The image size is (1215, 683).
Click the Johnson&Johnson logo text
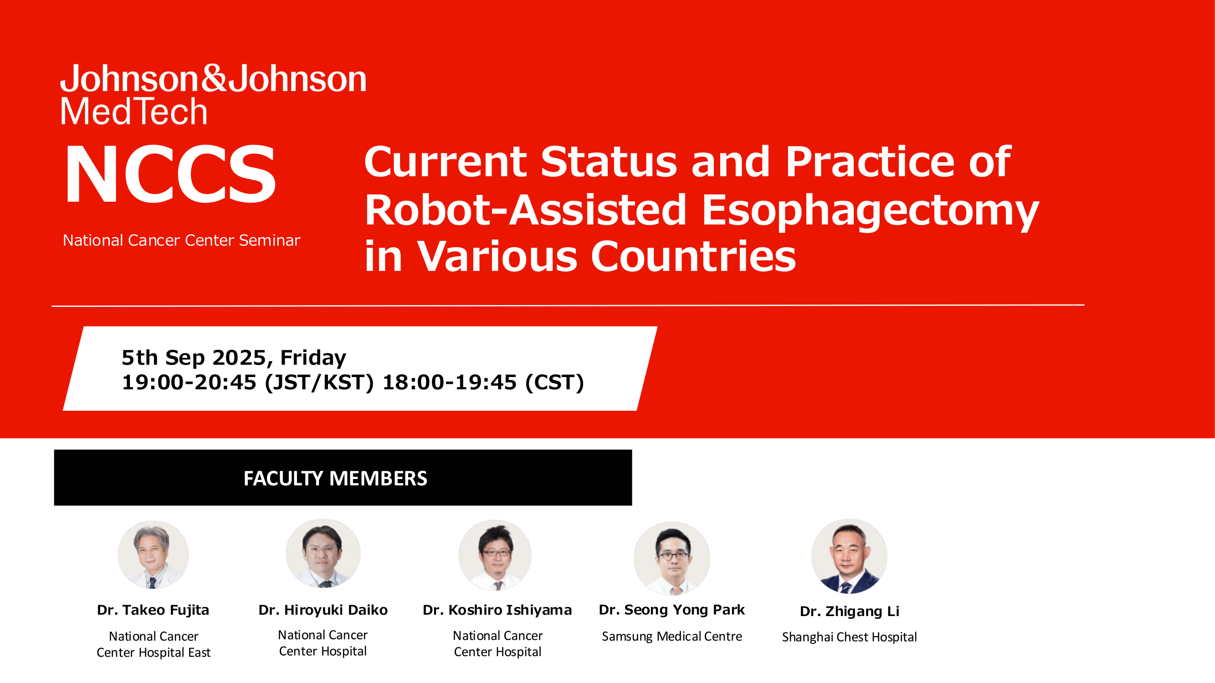click(213, 78)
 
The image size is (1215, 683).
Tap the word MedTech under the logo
click(134, 111)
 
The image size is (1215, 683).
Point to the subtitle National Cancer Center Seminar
click(182, 240)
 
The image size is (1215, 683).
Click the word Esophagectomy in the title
click(870, 210)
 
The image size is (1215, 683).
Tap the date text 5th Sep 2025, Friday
click(234, 357)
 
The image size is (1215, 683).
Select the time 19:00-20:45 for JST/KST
click(189, 382)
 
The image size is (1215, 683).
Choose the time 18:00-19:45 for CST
click(450, 382)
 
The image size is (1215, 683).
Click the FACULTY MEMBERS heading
click(335, 479)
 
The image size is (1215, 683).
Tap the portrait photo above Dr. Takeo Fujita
click(153, 554)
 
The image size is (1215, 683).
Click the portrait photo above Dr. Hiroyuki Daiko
click(323, 553)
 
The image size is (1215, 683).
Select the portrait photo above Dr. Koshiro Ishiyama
click(495, 555)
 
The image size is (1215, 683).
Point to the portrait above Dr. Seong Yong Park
click(672, 558)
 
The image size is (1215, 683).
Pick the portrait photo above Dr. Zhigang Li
click(849, 556)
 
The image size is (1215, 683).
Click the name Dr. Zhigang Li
click(850, 612)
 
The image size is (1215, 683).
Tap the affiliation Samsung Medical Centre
click(672, 637)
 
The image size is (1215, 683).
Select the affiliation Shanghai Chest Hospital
click(850, 637)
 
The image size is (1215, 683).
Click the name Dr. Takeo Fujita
click(153, 610)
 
